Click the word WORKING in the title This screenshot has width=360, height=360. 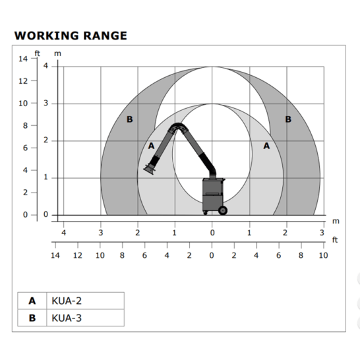47,36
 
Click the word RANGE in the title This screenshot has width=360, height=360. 105,36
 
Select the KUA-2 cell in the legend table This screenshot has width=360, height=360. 86,301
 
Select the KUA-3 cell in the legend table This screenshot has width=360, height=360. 86,318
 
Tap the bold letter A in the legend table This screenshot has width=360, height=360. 32,301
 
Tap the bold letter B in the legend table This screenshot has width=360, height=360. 32,318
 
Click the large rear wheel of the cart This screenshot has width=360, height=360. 222,210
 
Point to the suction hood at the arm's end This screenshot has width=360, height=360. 149,169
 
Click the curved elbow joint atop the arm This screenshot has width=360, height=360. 177,128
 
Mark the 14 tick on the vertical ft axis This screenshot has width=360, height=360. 23,59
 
